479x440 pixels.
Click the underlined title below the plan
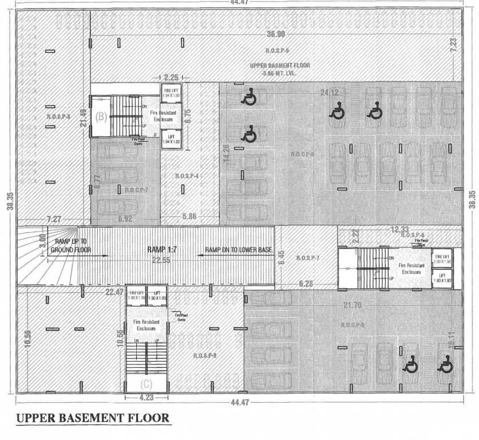tap(93, 419)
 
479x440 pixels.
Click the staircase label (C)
tap(147, 383)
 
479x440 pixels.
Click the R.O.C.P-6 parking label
tap(303, 154)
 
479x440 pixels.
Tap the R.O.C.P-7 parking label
tap(137, 189)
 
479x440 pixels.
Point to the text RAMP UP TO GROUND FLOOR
tap(71, 246)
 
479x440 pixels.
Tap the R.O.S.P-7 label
tap(308, 259)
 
